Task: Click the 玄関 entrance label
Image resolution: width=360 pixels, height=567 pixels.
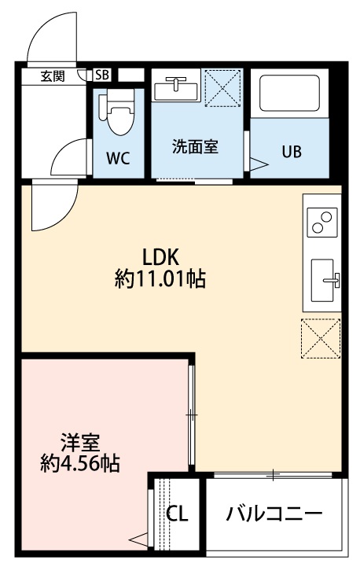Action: click(x=53, y=75)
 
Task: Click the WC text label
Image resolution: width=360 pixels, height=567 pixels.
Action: click(x=118, y=156)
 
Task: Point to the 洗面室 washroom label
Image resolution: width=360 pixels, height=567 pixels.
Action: click(x=195, y=145)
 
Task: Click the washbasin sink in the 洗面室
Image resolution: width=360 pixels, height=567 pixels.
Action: click(x=175, y=87)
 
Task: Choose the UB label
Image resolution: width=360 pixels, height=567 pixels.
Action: click(x=292, y=151)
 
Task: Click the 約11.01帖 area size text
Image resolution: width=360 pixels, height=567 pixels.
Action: click(x=160, y=279)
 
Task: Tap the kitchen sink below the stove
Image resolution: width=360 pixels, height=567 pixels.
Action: click(x=325, y=279)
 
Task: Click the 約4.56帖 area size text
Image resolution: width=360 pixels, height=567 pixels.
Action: click(x=79, y=463)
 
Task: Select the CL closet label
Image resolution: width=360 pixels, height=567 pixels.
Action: click(x=178, y=514)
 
